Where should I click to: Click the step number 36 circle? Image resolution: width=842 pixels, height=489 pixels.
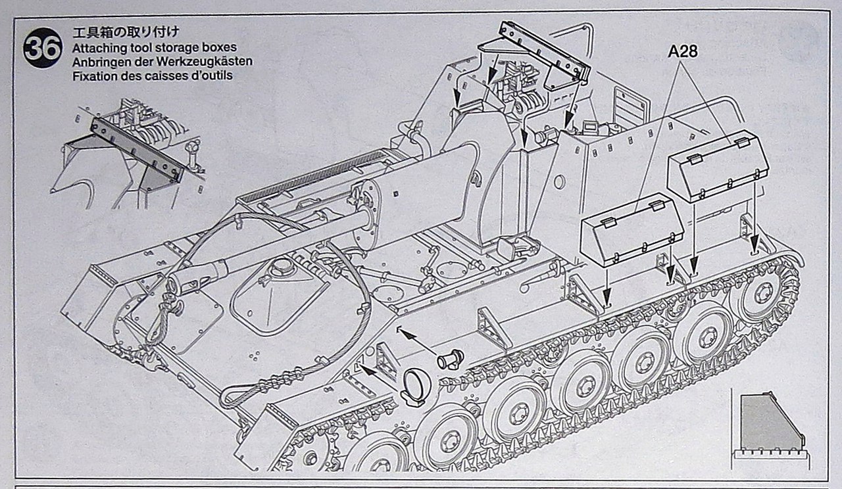43,48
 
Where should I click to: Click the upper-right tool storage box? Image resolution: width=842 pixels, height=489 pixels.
718,166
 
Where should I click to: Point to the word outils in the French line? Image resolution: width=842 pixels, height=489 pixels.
214,76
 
